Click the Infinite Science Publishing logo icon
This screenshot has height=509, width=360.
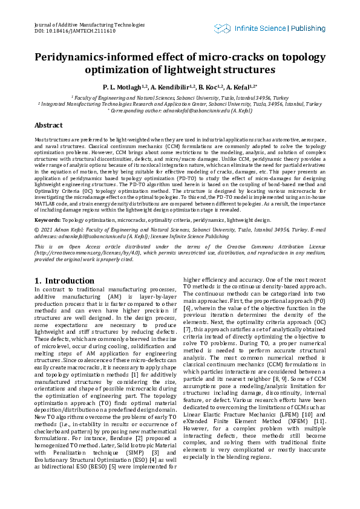click(x=222, y=28)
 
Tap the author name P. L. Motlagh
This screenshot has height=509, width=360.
click(x=123, y=87)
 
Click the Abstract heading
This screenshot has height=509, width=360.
click(x=48, y=125)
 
